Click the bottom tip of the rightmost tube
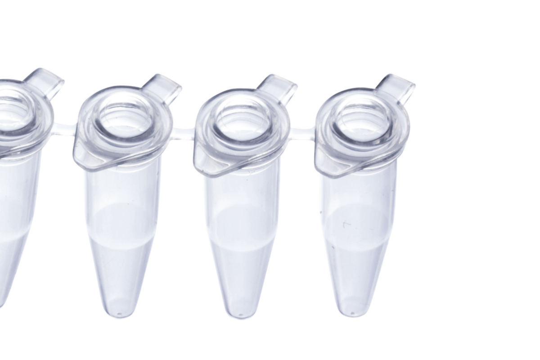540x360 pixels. click(352, 313)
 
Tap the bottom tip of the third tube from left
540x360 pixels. click(240, 315)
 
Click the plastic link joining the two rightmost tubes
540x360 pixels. click(302, 132)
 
